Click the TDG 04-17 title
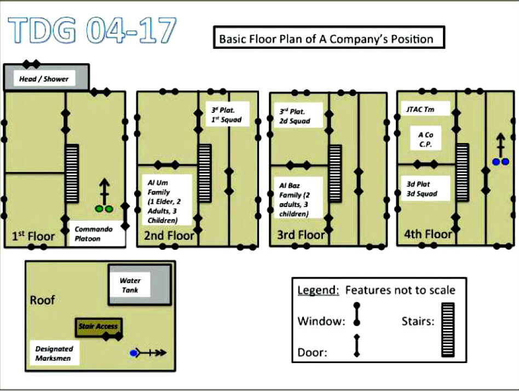point(93,30)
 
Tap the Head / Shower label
point(44,79)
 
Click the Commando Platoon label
point(94,234)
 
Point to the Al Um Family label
point(168,199)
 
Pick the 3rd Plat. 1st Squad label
point(227,114)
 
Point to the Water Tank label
point(130,285)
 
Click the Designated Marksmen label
point(54,354)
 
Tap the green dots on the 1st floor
point(104,209)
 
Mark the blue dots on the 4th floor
point(499,162)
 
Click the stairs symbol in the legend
point(448,330)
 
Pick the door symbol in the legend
point(356,347)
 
